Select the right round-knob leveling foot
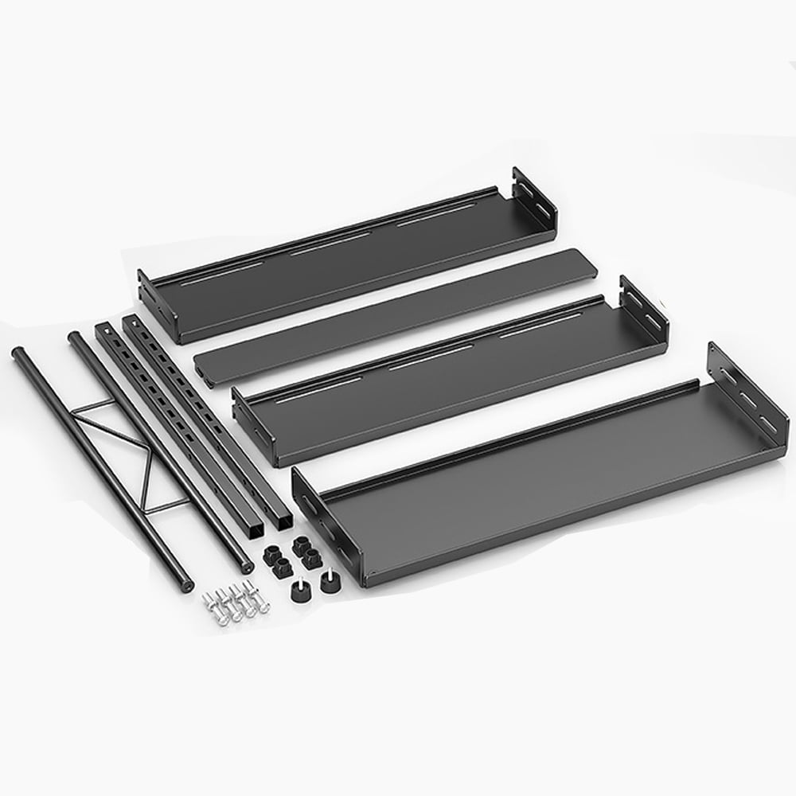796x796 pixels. (x=329, y=582)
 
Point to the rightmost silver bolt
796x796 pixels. (x=257, y=596)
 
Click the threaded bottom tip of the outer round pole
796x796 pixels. (x=186, y=586)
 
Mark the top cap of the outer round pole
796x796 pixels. (x=17, y=351)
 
